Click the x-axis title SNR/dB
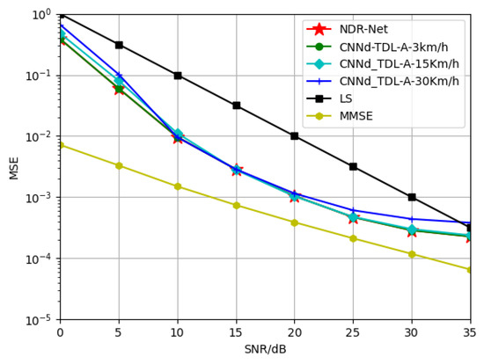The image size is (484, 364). (x=265, y=350)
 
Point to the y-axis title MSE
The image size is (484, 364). (x=13, y=167)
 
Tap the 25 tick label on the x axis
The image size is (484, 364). (x=353, y=333)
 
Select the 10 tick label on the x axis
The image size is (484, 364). (x=177, y=333)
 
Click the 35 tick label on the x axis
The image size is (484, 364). (x=470, y=333)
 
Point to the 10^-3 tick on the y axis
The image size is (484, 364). (x=40, y=198)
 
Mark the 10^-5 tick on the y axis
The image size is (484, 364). (x=40, y=320)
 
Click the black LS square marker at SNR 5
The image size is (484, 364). (x=119, y=45)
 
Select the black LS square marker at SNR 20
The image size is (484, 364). (x=295, y=136)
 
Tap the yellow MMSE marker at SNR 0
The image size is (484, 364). (x=60, y=145)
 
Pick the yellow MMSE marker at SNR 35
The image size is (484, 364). (x=470, y=270)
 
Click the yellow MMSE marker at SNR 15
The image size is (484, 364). (x=236, y=206)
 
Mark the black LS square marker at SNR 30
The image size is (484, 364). (x=412, y=197)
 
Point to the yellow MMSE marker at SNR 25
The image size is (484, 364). (x=353, y=238)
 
